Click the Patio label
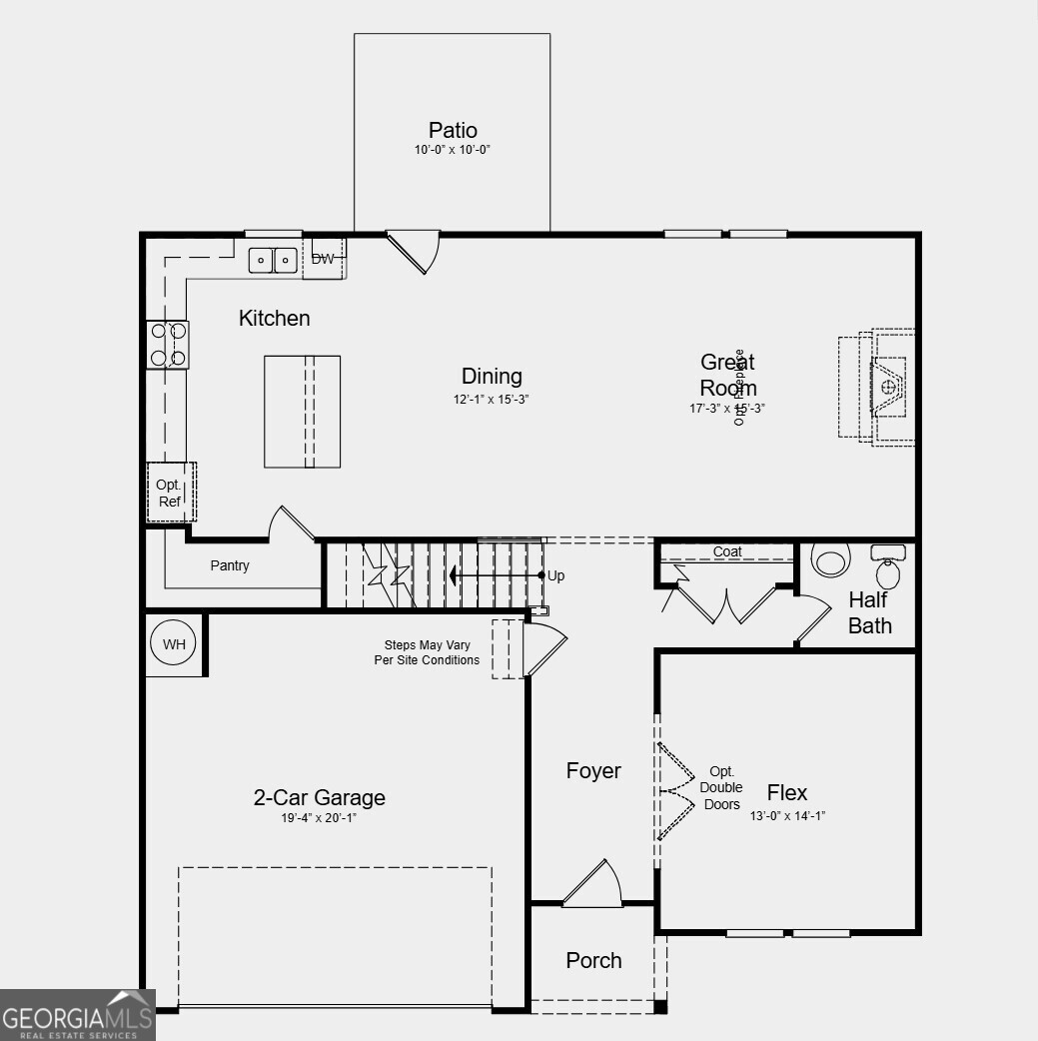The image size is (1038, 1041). (x=453, y=130)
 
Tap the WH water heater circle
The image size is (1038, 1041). (x=175, y=644)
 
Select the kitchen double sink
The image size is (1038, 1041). (x=273, y=260)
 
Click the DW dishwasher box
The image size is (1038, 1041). (x=324, y=259)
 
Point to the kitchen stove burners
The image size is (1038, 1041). (x=168, y=344)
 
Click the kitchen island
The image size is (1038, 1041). (x=302, y=411)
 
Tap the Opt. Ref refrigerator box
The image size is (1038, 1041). (x=170, y=493)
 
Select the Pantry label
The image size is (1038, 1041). (x=230, y=565)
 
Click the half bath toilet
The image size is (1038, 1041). (x=829, y=560)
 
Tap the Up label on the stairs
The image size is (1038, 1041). (x=556, y=575)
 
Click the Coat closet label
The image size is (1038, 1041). (x=727, y=551)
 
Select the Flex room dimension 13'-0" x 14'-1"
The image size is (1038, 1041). (x=787, y=816)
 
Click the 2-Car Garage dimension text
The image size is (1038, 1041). (x=319, y=818)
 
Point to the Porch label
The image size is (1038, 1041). (x=593, y=960)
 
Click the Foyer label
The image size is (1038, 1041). (x=593, y=770)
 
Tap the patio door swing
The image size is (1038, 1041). (x=415, y=251)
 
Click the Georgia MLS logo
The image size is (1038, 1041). (x=77, y=1016)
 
